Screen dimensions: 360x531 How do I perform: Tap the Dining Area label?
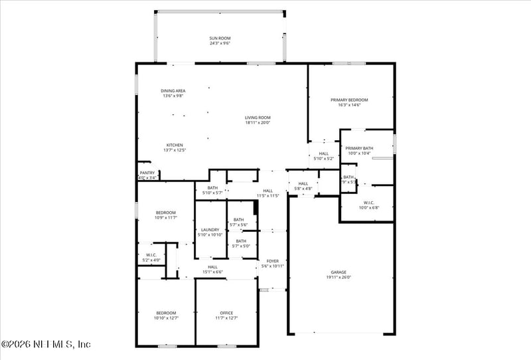click(x=173, y=91)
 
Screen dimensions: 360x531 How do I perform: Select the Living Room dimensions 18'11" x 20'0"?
click(x=258, y=122)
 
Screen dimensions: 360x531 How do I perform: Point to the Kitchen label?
click(x=175, y=145)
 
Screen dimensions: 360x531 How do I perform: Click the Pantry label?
click(x=147, y=173)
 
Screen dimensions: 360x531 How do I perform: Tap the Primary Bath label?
click(x=359, y=148)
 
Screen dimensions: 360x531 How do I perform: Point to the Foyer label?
click(x=273, y=261)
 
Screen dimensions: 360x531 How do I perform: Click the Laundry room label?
click(x=210, y=230)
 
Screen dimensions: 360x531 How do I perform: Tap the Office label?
click(x=226, y=313)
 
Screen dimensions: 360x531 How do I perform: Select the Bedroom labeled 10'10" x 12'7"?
click(x=166, y=313)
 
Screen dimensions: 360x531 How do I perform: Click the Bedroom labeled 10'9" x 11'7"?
click(x=166, y=213)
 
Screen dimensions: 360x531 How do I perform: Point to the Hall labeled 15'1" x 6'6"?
click(x=212, y=267)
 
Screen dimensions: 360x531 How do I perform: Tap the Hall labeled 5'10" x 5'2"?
click(x=323, y=153)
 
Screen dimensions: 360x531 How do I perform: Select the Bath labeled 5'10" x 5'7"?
click(x=212, y=188)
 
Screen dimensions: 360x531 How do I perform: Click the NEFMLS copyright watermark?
click(x=46, y=344)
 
